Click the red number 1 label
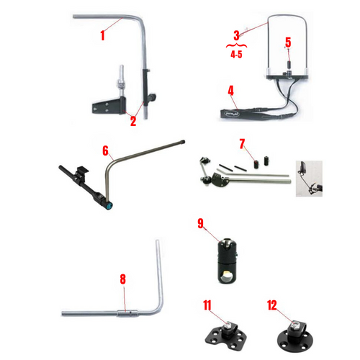click(x=103, y=33)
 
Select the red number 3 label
click(x=236, y=35)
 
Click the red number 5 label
click(x=287, y=42)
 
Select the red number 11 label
click(x=207, y=305)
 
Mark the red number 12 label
click(x=271, y=305)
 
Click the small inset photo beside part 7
click(x=307, y=177)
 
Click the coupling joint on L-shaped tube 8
click(x=130, y=313)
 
